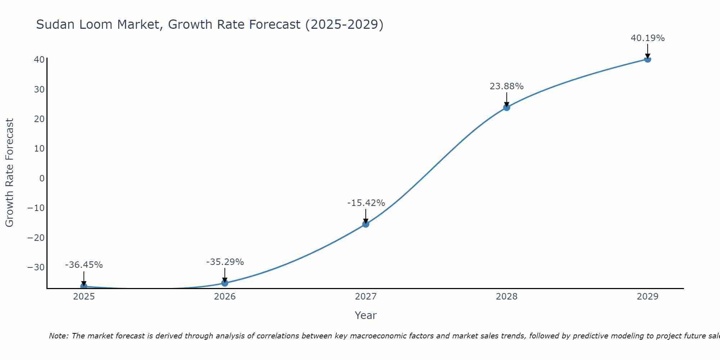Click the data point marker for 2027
365,224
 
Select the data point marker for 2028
507,107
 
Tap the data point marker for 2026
225,283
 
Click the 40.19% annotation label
648,38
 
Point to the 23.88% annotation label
507,86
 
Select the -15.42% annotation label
366,203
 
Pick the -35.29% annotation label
225,262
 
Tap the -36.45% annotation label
84,265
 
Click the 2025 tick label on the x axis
84,297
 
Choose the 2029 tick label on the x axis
648,297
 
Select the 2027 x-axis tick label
366,297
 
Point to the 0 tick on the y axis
42,179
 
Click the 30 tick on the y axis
39,90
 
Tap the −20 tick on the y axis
36,238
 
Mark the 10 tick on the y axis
39,149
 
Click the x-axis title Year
365,315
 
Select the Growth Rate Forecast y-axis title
9,173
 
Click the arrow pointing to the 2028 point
507,99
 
